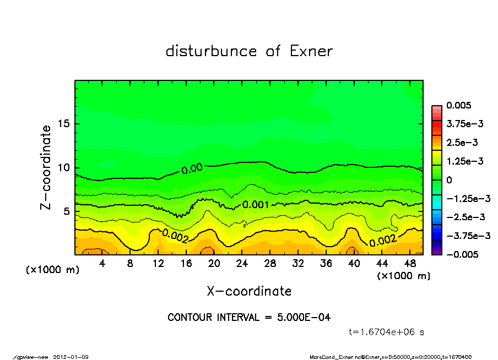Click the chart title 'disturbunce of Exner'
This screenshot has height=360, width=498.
249,52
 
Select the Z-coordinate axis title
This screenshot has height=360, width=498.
46,167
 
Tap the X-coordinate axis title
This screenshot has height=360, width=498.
249,291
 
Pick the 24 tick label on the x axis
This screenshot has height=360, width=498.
242,264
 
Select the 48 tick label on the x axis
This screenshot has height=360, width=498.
410,264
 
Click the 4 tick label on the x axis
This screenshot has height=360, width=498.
102,264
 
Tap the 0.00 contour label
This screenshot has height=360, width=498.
192,168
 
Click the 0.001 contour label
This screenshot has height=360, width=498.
256,205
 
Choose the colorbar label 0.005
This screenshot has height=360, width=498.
457,105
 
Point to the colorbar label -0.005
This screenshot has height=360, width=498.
461,254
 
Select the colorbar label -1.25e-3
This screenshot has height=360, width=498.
464,199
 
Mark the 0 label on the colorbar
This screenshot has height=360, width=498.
449,180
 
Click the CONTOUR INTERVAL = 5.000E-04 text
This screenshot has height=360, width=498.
249,318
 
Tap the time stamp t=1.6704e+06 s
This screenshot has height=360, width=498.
386,332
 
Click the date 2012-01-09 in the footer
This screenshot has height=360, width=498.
71,357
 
